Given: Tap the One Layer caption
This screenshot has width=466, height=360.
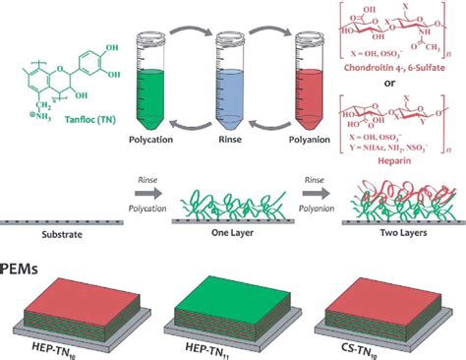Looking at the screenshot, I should [231, 236].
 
